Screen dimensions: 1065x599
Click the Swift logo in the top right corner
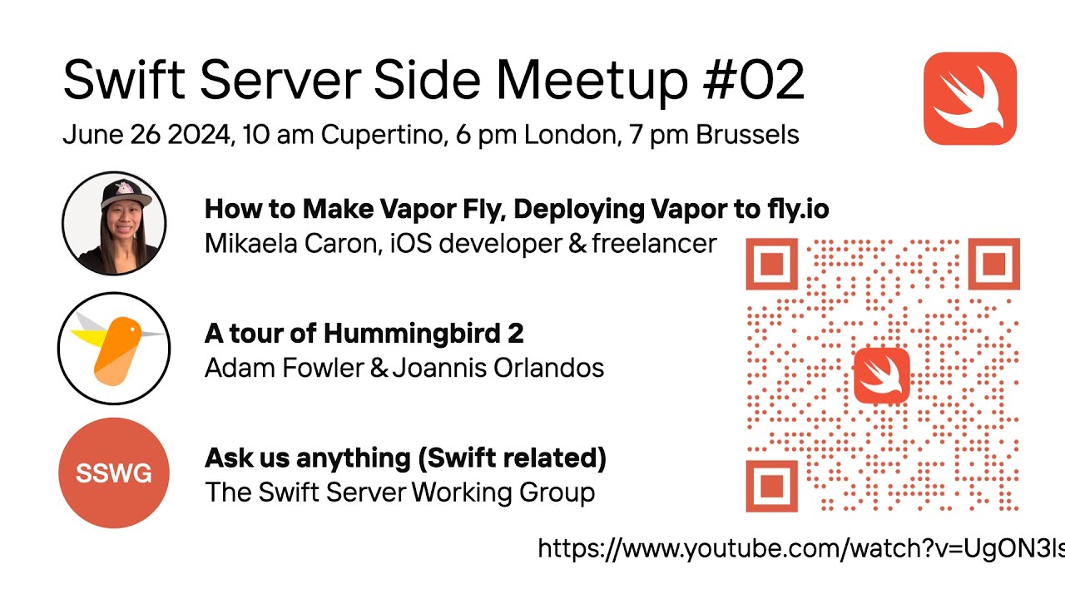(970, 98)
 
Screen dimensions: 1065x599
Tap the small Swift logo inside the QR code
(882, 375)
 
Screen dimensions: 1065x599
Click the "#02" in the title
(753, 80)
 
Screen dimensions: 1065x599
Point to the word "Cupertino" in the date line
(384, 136)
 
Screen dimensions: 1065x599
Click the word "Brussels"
(747, 135)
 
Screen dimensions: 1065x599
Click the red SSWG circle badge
(114, 473)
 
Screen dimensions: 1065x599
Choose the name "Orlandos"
(548, 368)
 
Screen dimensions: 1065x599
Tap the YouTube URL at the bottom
(801, 548)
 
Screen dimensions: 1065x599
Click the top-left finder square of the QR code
(771, 264)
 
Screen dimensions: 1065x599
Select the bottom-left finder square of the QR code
(771, 486)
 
